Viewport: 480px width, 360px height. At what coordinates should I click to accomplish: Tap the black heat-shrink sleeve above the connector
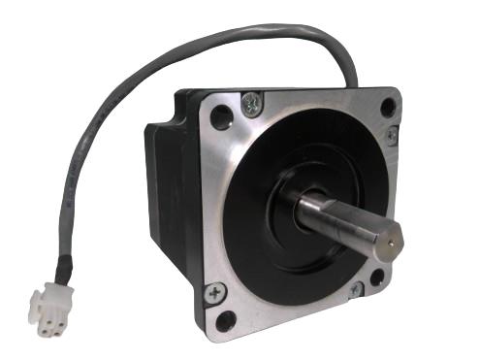63,263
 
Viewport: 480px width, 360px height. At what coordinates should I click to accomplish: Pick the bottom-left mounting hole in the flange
227,321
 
